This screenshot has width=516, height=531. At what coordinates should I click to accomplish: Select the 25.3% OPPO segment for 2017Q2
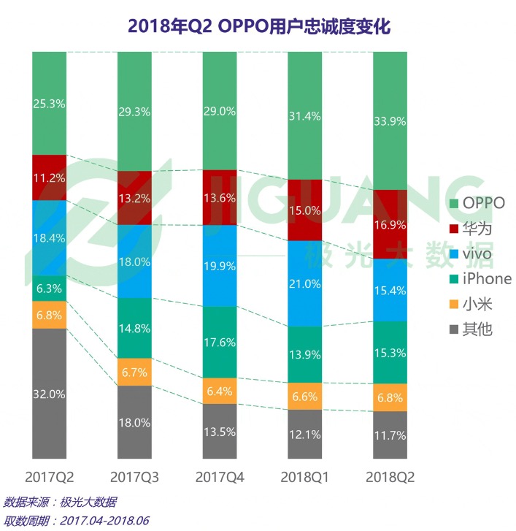[50, 104]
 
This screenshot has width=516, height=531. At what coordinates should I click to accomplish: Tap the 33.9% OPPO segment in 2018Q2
[390, 121]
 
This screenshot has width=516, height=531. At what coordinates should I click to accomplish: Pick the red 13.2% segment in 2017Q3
[135, 198]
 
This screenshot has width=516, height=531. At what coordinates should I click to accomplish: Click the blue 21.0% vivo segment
[305, 283]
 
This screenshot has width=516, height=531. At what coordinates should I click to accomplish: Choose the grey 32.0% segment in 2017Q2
[50, 394]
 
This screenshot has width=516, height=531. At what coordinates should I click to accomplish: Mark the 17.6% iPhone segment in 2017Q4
[220, 342]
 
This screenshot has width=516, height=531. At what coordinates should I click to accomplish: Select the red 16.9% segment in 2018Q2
[390, 224]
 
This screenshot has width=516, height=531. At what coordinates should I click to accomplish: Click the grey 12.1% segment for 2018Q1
[305, 435]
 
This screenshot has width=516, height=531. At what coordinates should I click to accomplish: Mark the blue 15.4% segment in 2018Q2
[390, 290]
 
